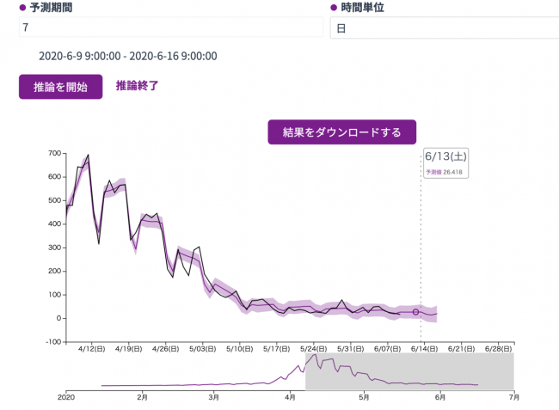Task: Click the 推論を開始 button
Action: tap(60, 87)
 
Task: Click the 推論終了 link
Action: tap(138, 86)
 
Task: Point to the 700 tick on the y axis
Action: tap(54, 154)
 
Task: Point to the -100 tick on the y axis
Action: tap(52, 342)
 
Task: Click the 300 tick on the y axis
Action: tap(54, 248)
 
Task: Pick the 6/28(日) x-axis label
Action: tap(499, 349)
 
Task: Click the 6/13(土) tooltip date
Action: tap(446, 156)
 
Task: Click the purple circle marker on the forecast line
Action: tap(415, 312)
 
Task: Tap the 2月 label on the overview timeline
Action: tap(142, 398)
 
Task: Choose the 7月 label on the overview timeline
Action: tap(514, 398)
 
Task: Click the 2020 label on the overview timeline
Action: tap(66, 398)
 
